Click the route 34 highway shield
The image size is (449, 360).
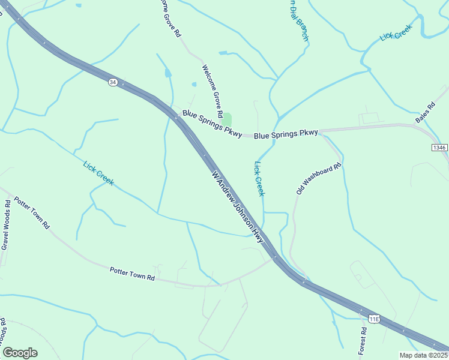pos(113,82)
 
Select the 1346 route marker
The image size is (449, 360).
pos(439,147)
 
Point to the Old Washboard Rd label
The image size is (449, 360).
pos(319,178)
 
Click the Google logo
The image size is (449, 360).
pos(20,353)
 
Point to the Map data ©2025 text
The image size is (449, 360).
pos(423,355)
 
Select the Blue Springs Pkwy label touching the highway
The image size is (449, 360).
pos(211,123)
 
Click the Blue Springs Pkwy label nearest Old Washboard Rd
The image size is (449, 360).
pos(286,134)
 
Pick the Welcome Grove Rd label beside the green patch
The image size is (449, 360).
pos(213,91)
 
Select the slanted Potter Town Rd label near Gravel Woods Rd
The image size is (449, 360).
pos(32,212)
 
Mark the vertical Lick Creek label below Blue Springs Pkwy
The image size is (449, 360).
pos(259,178)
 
